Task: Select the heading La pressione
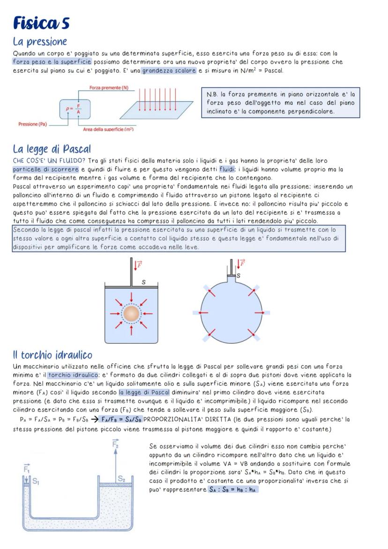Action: click(x=40, y=42)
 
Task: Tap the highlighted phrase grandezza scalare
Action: click(x=169, y=71)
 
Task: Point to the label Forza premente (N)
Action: click(x=109, y=88)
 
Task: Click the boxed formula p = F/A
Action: click(x=75, y=109)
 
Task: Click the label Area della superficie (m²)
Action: click(x=108, y=129)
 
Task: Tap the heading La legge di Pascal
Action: click(x=52, y=149)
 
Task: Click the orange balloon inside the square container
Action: click(x=131, y=313)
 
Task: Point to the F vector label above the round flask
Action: click(x=241, y=263)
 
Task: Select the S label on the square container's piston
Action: click(x=143, y=282)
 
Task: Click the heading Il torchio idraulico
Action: click(x=52, y=354)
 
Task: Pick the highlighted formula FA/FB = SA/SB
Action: click(x=122, y=419)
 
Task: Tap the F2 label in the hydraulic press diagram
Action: click(x=115, y=444)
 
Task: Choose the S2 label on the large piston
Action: click(x=121, y=479)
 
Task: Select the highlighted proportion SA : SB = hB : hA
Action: click(x=233, y=489)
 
